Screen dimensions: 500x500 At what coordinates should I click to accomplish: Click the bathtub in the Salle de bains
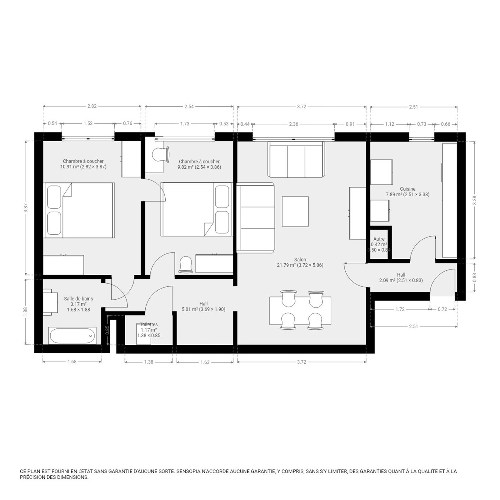tap(72, 336)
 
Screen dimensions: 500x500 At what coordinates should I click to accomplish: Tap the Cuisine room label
tap(407, 192)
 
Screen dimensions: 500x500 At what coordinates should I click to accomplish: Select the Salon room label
tap(300, 262)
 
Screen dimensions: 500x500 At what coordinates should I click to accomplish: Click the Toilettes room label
tap(149, 330)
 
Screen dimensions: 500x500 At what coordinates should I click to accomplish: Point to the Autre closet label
tap(379, 244)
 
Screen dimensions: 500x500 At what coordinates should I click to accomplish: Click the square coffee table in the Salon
tap(295, 211)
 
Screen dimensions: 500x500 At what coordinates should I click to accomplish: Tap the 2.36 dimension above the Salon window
tap(293, 124)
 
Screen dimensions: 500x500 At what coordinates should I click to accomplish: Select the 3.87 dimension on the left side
tap(26, 208)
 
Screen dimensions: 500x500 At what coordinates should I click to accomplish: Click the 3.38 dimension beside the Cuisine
tap(474, 200)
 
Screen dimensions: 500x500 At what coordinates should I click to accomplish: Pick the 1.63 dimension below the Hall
tap(205, 362)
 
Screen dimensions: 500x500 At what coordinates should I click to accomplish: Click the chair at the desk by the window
tap(161, 155)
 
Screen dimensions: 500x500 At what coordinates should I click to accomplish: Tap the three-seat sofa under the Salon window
tap(296, 160)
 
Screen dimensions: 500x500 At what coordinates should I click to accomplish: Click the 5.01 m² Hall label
tap(203, 307)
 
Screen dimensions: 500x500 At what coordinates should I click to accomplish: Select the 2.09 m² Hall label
tap(401, 277)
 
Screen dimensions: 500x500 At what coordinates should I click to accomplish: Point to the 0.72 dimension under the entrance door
tap(442, 309)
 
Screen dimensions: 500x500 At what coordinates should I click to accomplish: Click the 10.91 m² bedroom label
tap(83, 164)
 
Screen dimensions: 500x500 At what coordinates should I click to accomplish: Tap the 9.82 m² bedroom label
tap(199, 164)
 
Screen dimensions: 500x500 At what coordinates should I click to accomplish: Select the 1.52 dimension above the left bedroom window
tap(88, 123)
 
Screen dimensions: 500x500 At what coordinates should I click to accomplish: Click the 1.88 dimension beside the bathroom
tap(26, 312)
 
